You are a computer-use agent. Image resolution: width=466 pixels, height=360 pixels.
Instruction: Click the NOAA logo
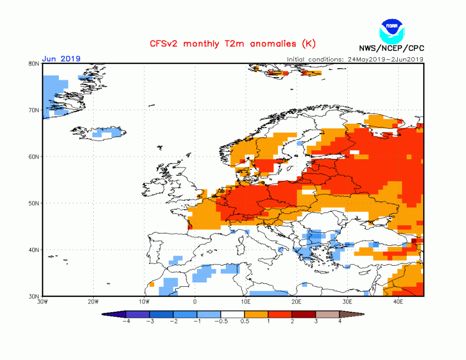pyautogui.click(x=391, y=29)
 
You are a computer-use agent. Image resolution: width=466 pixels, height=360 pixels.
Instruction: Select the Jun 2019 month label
pyautogui.click(x=62, y=59)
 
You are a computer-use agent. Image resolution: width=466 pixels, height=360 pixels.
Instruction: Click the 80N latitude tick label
pyautogui.click(x=34, y=64)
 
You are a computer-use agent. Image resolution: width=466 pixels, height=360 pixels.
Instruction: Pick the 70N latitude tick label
pyautogui.click(x=34, y=110)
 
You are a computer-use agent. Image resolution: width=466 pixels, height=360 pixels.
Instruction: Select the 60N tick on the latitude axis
pyautogui.click(x=34, y=157)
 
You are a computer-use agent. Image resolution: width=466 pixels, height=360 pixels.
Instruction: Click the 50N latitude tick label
pyautogui.click(x=34, y=203)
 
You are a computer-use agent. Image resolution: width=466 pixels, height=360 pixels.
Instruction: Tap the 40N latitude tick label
pyautogui.click(x=34, y=250)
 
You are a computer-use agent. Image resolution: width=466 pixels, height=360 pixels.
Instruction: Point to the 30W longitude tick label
pyautogui.click(x=42, y=302)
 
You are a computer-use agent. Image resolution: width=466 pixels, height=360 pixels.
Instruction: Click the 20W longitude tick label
pyautogui.click(x=93, y=302)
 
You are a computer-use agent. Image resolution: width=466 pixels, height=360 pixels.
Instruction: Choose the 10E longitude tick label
pyautogui.click(x=246, y=302)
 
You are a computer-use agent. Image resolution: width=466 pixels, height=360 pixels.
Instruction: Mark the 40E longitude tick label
pyautogui.click(x=398, y=302)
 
